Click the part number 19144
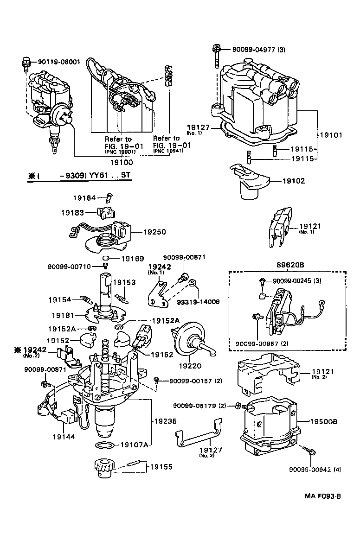pyautogui.click(x=64, y=437)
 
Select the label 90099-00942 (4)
pyautogui.click(x=315, y=469)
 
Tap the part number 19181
pyautogui.click(x=64, y=315)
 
